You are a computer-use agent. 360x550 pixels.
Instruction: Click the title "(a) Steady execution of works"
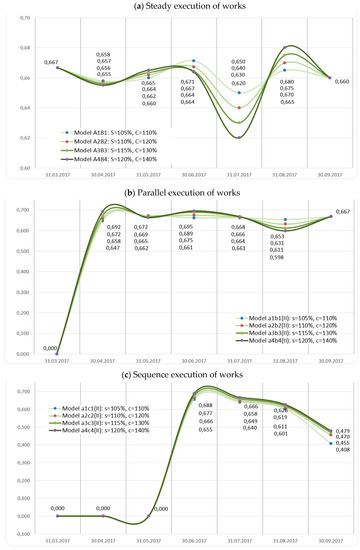tap(181, 8)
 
